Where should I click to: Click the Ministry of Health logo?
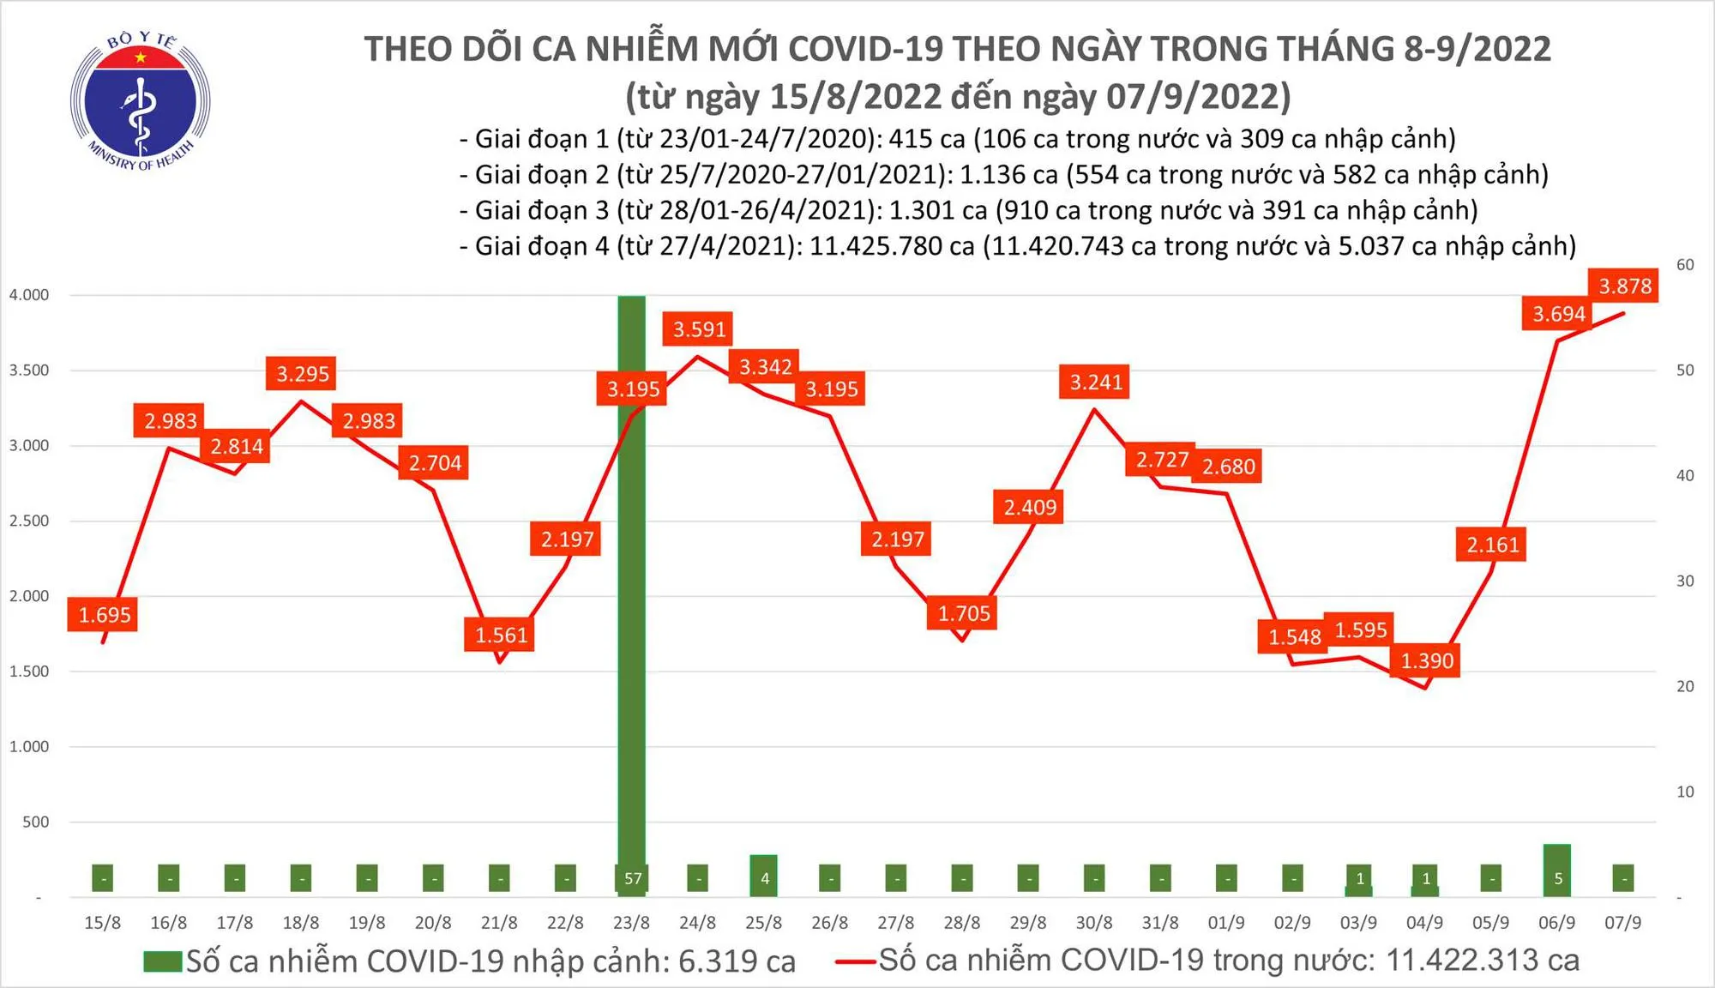140,102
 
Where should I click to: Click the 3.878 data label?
1624,286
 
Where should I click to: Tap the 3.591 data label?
699,329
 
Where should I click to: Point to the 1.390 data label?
1427,660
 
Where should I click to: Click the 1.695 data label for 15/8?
105,615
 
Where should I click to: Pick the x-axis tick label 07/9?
1622,923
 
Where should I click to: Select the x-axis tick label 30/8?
1094,923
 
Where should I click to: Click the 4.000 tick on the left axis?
29,295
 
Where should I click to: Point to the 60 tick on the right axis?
1685,264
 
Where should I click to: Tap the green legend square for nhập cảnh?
163,961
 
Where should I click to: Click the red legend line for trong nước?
856,961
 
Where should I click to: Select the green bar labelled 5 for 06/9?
1557,870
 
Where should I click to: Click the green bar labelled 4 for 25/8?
763,875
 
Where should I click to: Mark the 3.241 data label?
1096,382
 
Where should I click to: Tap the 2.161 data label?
1492,545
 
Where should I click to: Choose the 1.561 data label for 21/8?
502,635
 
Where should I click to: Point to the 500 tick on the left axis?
35,822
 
